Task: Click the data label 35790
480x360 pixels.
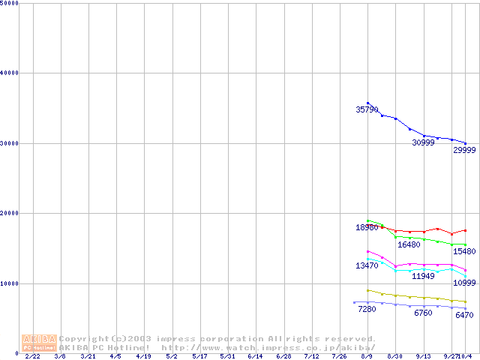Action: point(367,109)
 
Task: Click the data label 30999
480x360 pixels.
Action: point(423,142)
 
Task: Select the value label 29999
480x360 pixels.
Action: point(464,150)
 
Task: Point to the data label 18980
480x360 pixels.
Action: point(367,227)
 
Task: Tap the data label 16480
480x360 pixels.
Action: point(409,244)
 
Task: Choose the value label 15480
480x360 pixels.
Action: point(464,251)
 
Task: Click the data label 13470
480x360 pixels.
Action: point(367,266)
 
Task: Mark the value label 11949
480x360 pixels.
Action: point(423,276)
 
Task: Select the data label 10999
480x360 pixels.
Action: point(464,283)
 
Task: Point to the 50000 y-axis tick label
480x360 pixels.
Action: point(10,3)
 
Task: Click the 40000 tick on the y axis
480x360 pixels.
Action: point(10,73)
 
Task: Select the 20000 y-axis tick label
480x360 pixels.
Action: point(10,213)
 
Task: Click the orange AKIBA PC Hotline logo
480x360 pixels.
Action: point(39,343)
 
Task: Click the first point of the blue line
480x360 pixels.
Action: point(367,103)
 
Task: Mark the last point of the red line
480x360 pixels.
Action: point(466,230)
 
